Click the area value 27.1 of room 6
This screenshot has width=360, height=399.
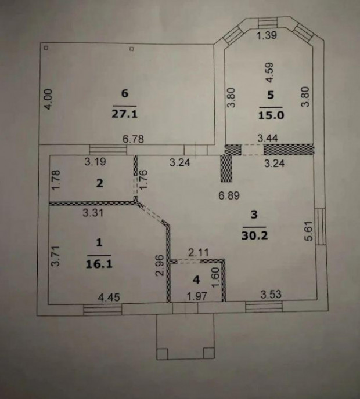(x=125, y=114)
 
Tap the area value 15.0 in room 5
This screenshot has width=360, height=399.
(x=271, y=115)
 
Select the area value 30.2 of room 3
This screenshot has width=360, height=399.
(x=254, y=235)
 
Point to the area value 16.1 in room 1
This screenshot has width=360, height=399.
(x=99, y=264)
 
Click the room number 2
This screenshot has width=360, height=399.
(x=100, y=183)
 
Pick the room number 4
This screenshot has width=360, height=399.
(x=196, y=280)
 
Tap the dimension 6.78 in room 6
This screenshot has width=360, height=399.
(x=133, y=139)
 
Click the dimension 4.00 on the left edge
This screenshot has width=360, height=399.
(x=48, y=99)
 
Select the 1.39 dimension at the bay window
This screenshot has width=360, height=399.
(x=267, y=35)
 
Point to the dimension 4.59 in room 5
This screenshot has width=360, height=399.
(x=269, y=72)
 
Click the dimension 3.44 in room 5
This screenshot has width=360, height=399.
(x=268, y=138)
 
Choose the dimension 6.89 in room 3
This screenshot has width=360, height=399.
(x=229, y=195)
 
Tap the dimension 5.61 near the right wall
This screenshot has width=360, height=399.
(x=308, y=231)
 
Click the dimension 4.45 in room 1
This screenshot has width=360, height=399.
(x=109, y=297)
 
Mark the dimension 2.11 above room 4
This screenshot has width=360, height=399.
(x=199, y=252)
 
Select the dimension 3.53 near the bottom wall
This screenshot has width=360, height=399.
(x=271, y=294)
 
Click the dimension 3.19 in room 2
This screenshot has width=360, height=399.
(x=95, y=162)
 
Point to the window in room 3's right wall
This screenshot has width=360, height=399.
(x=321, y=227)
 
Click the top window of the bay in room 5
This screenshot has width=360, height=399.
(x=268, y=23)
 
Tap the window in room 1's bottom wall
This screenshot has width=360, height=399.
(x=103, y=310)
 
